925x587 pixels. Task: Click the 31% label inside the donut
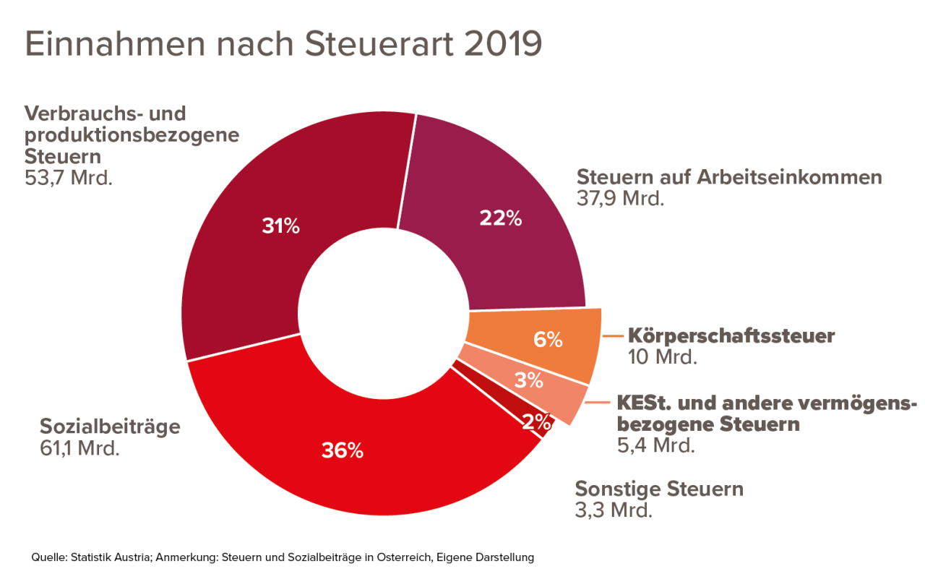[x=280, y=227]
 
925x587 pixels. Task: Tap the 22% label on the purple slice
[x=501, y=218]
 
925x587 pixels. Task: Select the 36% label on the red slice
[x=343, y=451]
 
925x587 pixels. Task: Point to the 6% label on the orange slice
[x=547, y=339]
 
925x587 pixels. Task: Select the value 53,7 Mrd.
[x=69, y=177]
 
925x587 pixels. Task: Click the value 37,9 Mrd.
[x=620, y=198]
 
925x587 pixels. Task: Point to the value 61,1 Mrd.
[x=79, y=448]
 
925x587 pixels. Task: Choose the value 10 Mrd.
[x=662, y=356]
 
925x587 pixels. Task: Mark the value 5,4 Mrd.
[x=655, y=445]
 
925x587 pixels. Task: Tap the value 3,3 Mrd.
[x=614, y=510]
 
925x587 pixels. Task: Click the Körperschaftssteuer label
[x=731, y=336]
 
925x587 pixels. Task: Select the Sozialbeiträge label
[x=110, y=427]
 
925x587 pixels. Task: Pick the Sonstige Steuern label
[x=659, y=489]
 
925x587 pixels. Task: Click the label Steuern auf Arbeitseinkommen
[x=728, y=177]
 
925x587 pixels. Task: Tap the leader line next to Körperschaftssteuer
[x=614, y=336]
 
